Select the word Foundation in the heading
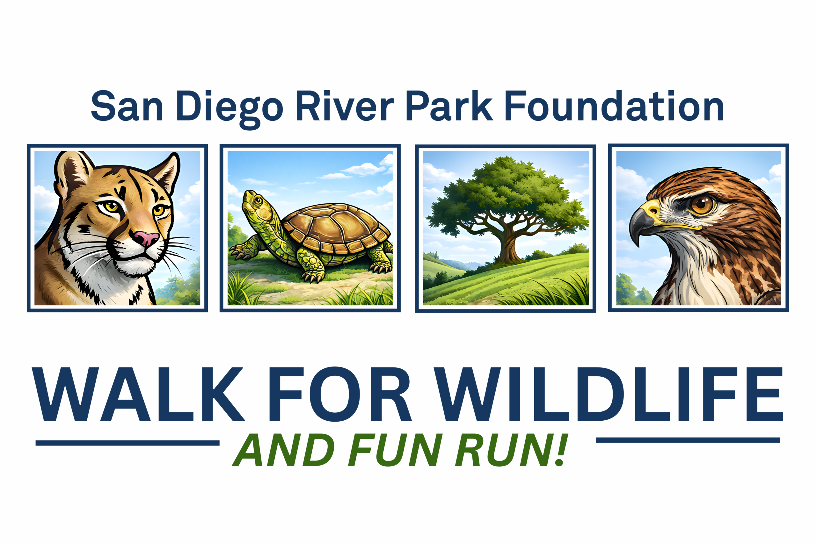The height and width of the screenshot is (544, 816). coord(614,106)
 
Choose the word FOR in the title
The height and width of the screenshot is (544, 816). coord(340,394)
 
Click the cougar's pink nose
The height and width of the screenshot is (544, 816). coord(146,238)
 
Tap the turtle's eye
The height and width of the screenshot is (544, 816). coord(258,200)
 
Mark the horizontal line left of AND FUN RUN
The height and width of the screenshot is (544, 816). coord(127,443)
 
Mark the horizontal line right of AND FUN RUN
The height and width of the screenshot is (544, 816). coord(688,440)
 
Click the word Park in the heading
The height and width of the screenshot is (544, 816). coord(449,106)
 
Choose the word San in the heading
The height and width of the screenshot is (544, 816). coord(127,106)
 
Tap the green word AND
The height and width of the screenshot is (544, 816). coord(283,450)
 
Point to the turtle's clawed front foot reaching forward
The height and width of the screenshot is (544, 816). coord(239,251)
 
